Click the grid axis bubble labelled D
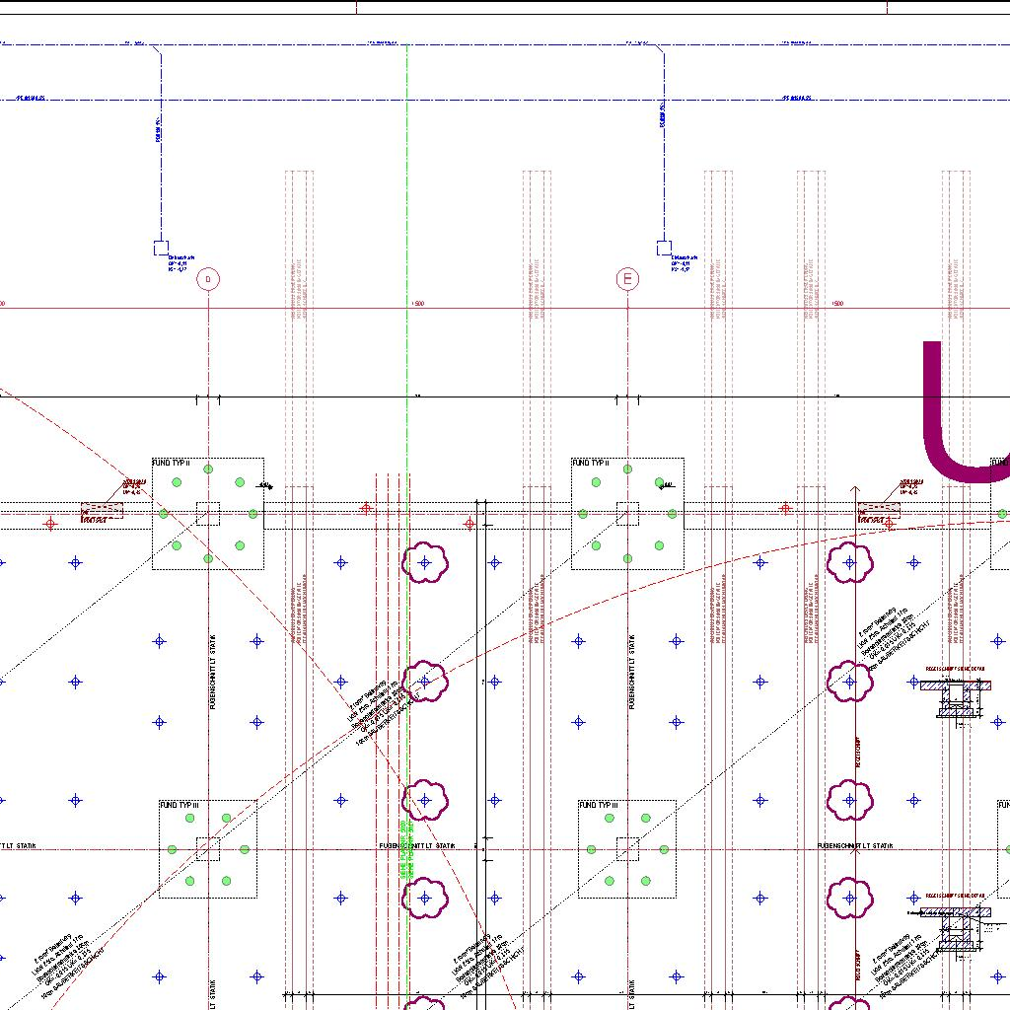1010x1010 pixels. pyautogui.click(x=208, y=280)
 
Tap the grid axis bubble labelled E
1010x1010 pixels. pyautogui.click(x=627, y=280)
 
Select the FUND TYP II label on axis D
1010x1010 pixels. pyautogui.click(x=171, y=463)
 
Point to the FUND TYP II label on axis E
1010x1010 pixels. pyautogui.click(x=591, y=463)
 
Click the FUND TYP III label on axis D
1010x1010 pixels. pyautogui.click(x=180, y=806)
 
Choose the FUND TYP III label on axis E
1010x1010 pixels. pyautogui.click(x=599, y=806)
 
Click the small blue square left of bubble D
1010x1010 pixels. pyautogui.click(x=161, y=248)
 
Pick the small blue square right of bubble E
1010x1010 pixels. pyautogui.click(x=664, y=248)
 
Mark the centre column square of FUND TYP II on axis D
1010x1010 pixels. pyautogui.click(x=208, y=514)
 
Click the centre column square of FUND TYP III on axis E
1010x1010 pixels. pyautogui.click(x=627, y=848)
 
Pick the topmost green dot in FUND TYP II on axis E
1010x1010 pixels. pyautogui.click(x=627, y=470)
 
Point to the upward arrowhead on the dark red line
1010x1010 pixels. pyautogui.click(x=855, y=488)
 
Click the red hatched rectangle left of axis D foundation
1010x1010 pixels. pyautogui.click(x=102, y=511)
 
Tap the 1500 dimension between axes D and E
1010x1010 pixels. pyautogui.click(x=417, y=304)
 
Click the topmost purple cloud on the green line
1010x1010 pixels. pyautogui.click(x=425, y=563)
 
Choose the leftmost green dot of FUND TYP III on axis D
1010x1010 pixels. pyautogui.click(x=172, y=849)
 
